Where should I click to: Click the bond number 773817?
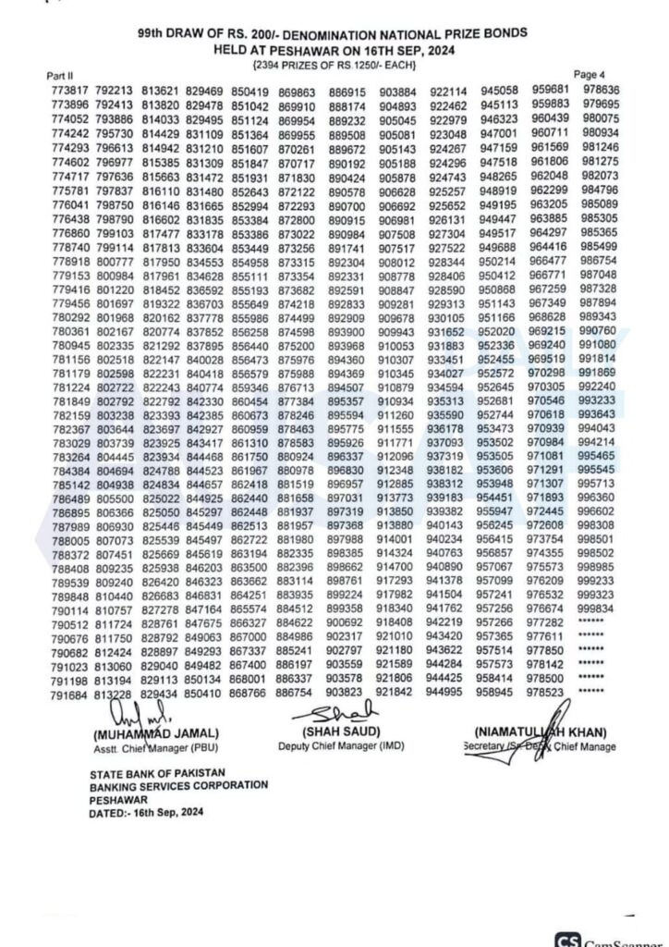pos(70,92)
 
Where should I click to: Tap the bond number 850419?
pos(249,92)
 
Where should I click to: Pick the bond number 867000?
pos(249,637)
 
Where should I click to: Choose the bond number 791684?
pos(69,695)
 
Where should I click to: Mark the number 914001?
pos(395,538)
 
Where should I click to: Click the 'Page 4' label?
pos(590,73)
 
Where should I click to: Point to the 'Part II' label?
pos(64,76)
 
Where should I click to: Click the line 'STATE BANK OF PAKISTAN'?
pos(156,773)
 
